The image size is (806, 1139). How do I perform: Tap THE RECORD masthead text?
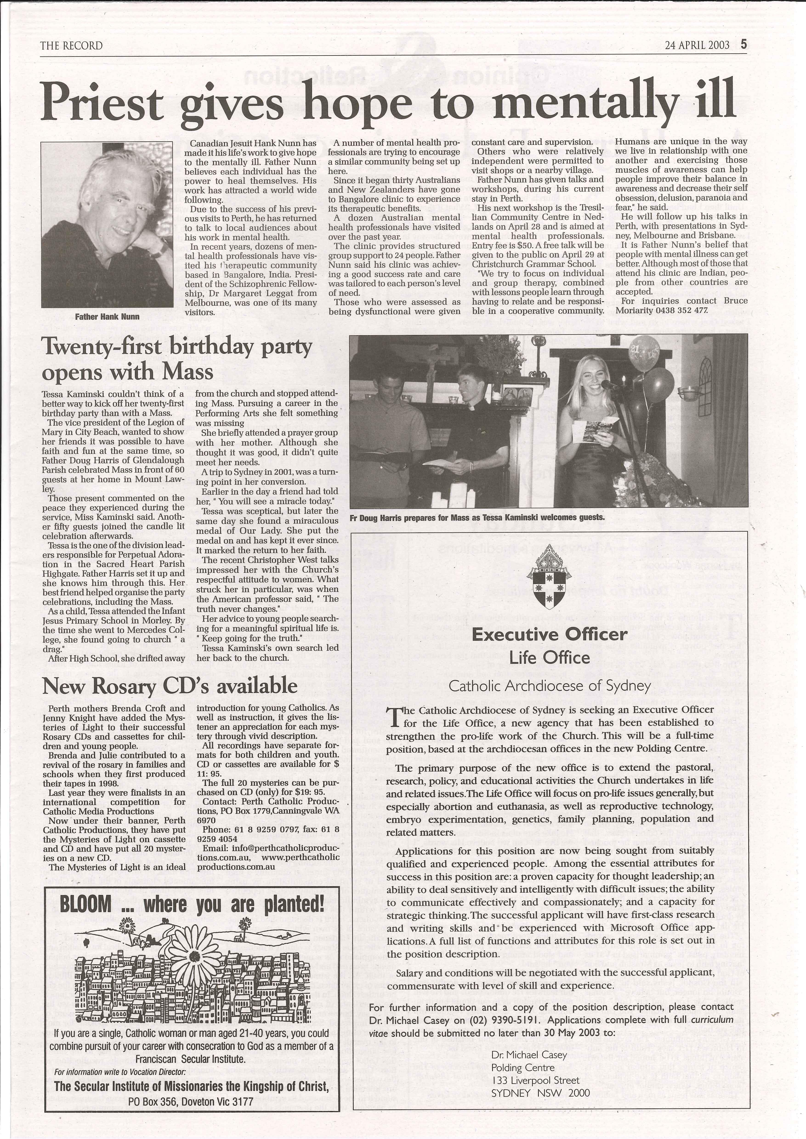coord(71,46)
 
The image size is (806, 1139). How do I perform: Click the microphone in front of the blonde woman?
coord(607,384)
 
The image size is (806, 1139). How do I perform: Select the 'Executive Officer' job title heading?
coord(549,634)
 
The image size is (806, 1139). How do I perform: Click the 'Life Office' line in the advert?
coord(549,658)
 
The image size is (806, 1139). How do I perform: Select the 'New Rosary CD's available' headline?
coord(170,686)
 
